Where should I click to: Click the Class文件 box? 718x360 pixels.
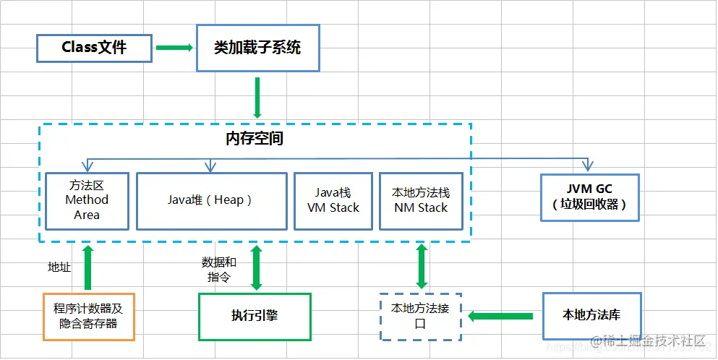click(94, 48)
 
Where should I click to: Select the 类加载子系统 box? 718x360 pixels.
click(257, 48)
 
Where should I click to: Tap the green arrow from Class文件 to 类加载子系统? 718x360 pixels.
click(174, 48)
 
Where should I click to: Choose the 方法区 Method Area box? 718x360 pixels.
click(87, 200)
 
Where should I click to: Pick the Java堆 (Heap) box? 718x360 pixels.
click(210, 200)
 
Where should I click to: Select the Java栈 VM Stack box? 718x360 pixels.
click(333, 200)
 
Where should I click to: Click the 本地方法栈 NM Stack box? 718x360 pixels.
click(421, 200)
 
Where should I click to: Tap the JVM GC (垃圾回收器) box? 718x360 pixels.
click(590, 196)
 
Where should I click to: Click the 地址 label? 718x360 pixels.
click(59, 267)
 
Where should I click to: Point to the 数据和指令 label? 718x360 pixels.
click(219, 269)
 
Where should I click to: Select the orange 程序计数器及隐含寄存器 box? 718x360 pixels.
click(88, 316)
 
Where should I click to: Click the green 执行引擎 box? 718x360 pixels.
click(255, 316)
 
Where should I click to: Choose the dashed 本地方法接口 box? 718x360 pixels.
click(421, 316)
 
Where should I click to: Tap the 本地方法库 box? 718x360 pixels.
click(591, 315)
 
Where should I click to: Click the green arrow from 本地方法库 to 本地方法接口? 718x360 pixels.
click(502, 315)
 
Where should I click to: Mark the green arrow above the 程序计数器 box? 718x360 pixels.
click(88, 267)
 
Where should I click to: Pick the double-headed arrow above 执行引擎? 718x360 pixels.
click(255, 267)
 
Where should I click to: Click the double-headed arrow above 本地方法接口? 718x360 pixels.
click(422, 267)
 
